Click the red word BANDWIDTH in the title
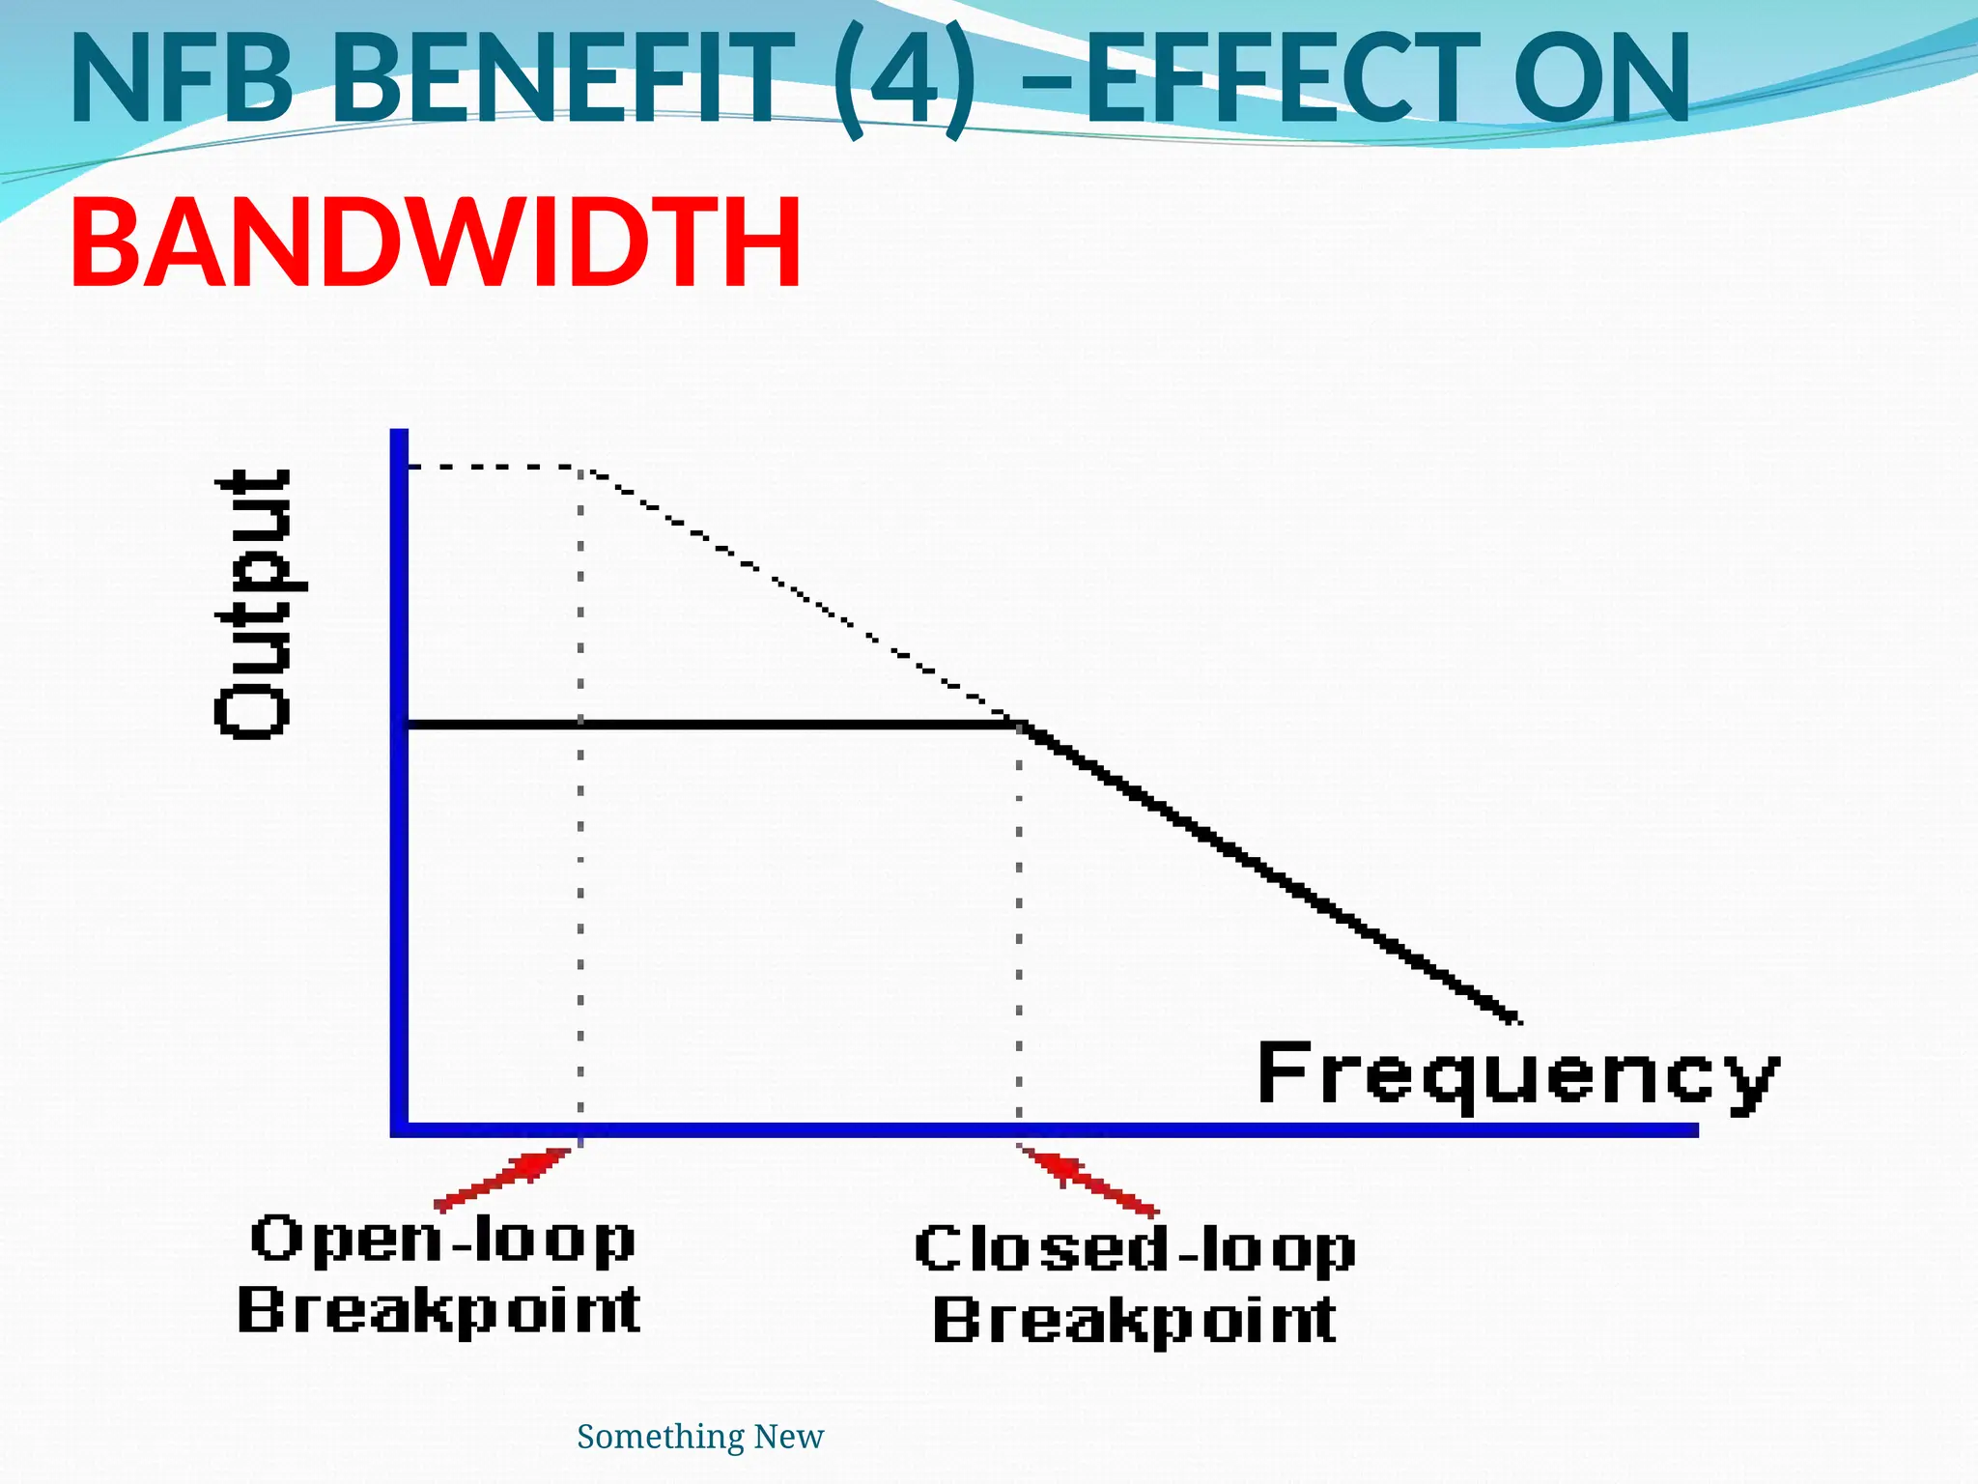(x=435, y=243)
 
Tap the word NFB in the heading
(x=182, y=79)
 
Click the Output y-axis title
(x=253, y=605)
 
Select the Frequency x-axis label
(x=1516, y=1075)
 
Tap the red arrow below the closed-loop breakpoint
(x=1088, y=1180)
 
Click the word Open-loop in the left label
(x=442, y=1240)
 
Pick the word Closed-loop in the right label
(x=1135, y=1249)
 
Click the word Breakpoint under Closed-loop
(x=1135, y=1321)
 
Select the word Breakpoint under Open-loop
(x=439, y=1311)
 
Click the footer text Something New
(x=700, y=1437)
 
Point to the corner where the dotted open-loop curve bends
(x=581, y=469)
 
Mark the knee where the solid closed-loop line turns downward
(x=1020, y=725)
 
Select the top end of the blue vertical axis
(x=399, y=434)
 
